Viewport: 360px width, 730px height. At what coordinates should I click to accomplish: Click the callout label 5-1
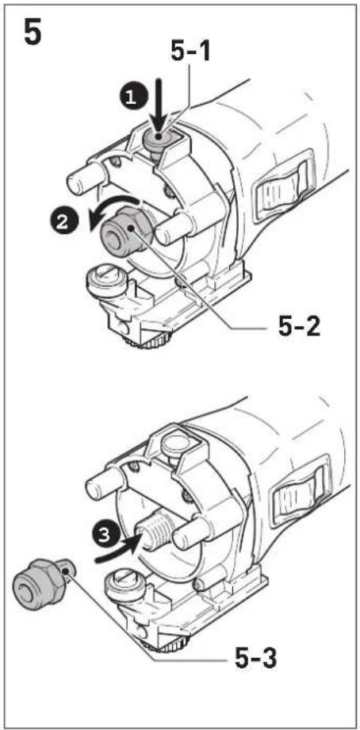190,52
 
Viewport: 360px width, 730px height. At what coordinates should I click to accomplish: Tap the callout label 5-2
300,328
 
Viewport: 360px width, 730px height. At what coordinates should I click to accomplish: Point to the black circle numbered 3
106,536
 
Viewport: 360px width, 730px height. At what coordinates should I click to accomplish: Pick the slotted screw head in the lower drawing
124,585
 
